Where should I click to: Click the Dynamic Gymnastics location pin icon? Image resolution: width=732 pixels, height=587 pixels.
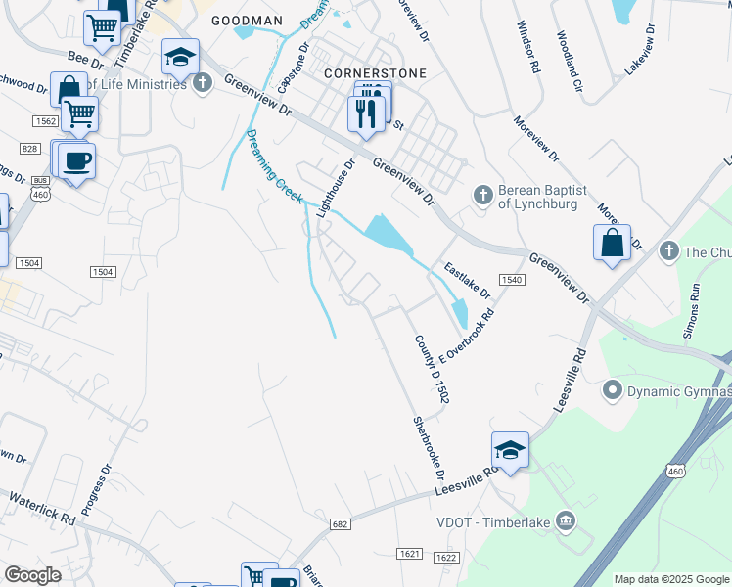coord(613,391)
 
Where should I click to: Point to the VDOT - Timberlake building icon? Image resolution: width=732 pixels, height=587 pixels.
coord(566,519)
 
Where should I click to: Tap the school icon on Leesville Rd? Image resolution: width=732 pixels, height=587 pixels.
coord(510,450)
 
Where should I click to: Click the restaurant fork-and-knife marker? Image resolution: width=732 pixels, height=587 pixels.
coord(366,113)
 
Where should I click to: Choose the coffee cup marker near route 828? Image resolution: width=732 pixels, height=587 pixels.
coord(76,160)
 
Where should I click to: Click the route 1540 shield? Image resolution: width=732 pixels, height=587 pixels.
coord(513,279)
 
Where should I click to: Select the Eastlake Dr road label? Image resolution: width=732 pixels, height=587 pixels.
coord(466,280)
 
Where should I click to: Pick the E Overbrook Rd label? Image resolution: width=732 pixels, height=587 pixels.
coord(469,336)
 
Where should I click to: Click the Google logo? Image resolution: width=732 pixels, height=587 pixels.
coord(32,575)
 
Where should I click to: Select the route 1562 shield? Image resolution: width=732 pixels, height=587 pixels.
coord(44,120)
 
